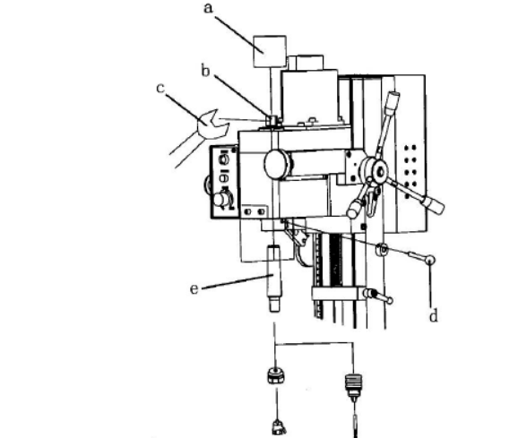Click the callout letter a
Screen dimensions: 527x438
coord(208,8)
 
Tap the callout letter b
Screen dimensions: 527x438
coord(205,71)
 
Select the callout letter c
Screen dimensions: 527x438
coord(160,89)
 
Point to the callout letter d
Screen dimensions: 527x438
coord(434,315)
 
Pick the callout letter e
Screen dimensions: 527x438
coord(194,289)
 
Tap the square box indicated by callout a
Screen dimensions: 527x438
coord(270,52)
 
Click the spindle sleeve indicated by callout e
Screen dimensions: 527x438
coord(274,279)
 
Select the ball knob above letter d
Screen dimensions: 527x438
coord(430,260)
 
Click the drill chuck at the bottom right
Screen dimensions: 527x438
coord(353,385)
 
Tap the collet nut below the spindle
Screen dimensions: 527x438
coord(276,376)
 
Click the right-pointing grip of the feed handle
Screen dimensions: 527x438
coord(433,204)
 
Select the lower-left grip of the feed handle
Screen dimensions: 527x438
coord(356,208)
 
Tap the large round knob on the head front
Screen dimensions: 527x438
coord(278,164)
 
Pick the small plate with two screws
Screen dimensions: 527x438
coord(255,212)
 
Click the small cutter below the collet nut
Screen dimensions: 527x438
coord(279,428)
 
